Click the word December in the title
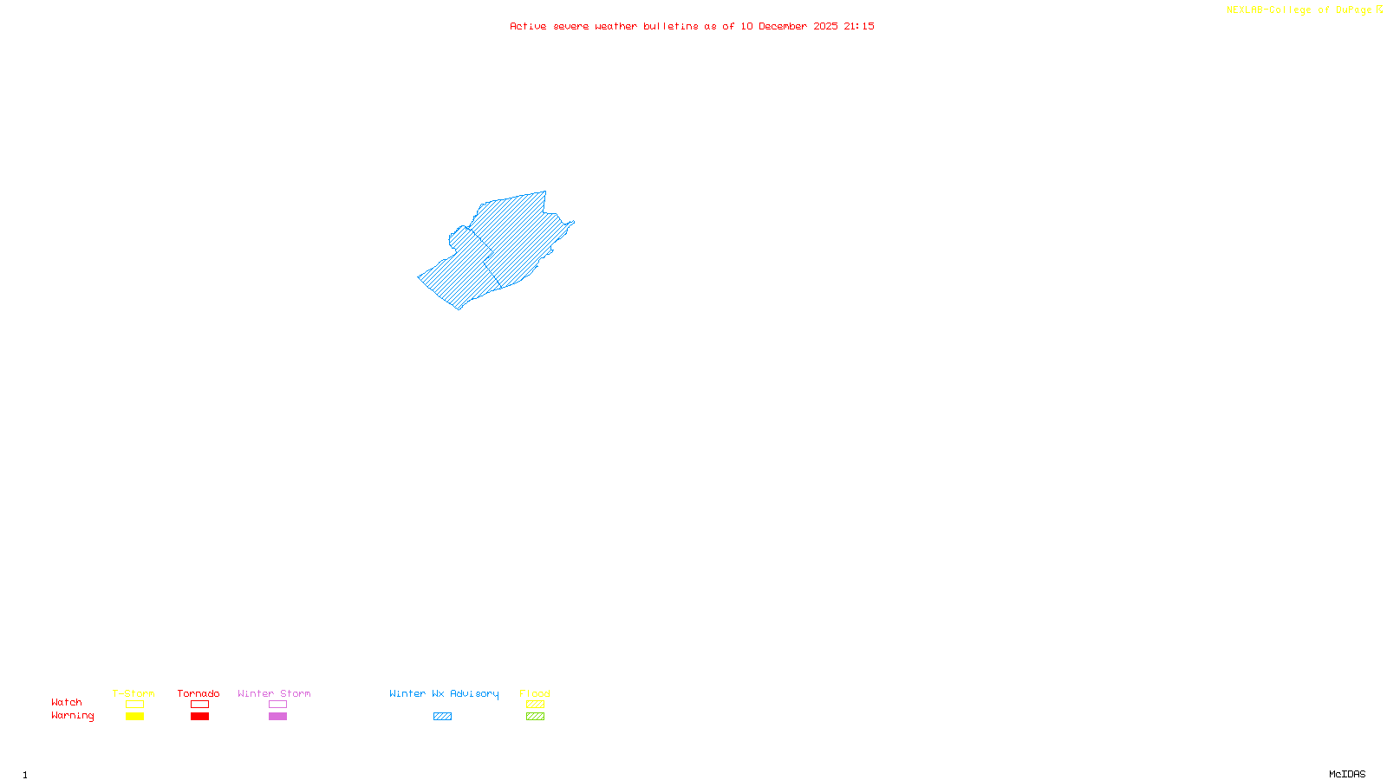783,26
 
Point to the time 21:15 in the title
859,26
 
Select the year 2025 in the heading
825,26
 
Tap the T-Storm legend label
133,693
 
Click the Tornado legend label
199,693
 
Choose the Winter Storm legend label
274,693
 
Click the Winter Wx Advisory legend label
444,693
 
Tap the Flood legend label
535,693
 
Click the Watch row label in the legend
67,702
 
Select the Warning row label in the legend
72,716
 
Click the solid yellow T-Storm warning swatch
134,717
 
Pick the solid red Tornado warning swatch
199,717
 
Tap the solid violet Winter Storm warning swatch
277,717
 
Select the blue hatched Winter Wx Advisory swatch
442,717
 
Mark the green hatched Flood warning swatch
535,717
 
